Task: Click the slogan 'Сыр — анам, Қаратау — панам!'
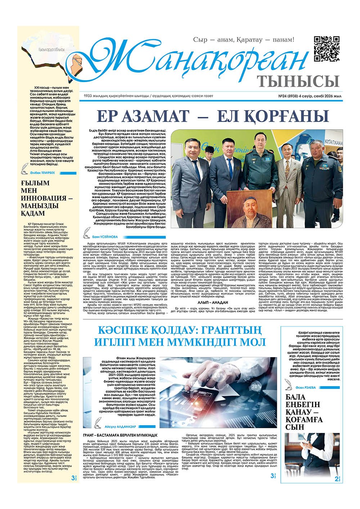pos(244,40)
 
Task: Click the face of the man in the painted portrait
pos(249,205)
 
